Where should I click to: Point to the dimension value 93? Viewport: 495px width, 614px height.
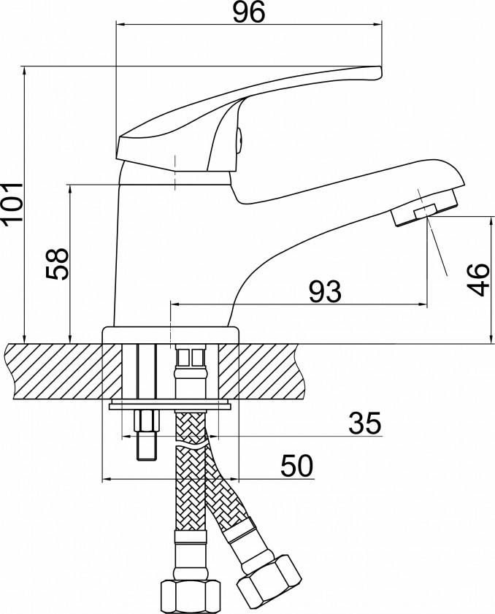point(324,291)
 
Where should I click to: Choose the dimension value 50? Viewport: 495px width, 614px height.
point(295,464)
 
